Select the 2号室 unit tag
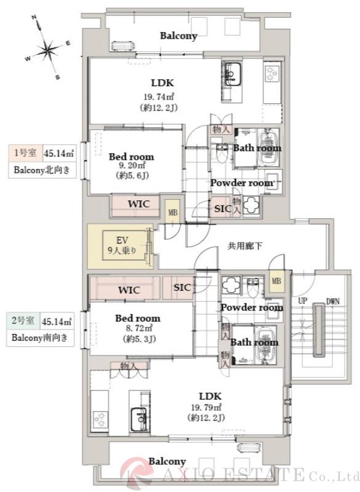pos(23,320)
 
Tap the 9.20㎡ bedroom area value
pos(132,166)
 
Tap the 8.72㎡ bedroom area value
pos(138,328)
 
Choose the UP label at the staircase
pos(303,302)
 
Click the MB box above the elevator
pos(172,213)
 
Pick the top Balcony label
pos(178,36)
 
